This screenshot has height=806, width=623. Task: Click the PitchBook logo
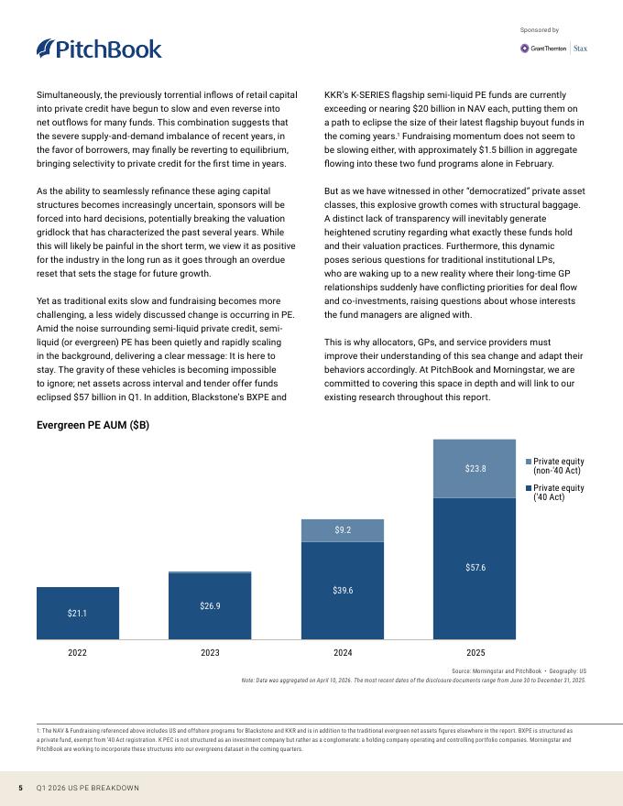click(99, 49)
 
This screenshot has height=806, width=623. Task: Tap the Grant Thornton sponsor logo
click(542, 49)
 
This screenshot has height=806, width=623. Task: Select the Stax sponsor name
click(580, 49)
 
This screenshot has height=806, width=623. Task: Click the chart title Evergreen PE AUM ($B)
click(93, 425)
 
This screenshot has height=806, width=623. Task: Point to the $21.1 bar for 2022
click(78, 614)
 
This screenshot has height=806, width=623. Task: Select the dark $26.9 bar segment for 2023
click(210, 606)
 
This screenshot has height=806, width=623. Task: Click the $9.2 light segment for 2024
click(343, 530)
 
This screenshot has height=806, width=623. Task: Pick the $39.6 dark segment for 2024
click(343, 591)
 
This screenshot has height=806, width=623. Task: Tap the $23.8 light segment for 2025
click(475, 469)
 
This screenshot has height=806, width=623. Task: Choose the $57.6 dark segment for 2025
click(475, 569)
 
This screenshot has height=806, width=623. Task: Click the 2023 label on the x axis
click(210, 653)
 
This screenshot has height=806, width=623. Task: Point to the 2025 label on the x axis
click(475, 653)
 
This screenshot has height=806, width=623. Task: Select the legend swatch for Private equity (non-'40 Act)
click(529, 462)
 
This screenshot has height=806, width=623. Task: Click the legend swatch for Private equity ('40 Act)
click(529, 488)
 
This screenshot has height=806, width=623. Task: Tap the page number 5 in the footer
click(20, 788)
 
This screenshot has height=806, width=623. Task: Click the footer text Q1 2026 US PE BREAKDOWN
click(87, 788)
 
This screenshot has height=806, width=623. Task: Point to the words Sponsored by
click(540, 30)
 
